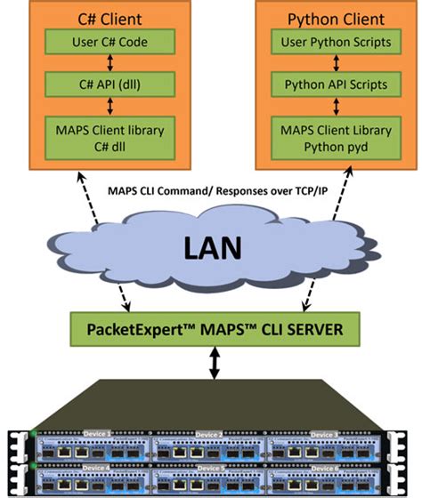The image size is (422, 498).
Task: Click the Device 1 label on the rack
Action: click(96, 433)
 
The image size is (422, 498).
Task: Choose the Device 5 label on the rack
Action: click(211, 466)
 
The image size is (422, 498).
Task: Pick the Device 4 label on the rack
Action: click(96, 466)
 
